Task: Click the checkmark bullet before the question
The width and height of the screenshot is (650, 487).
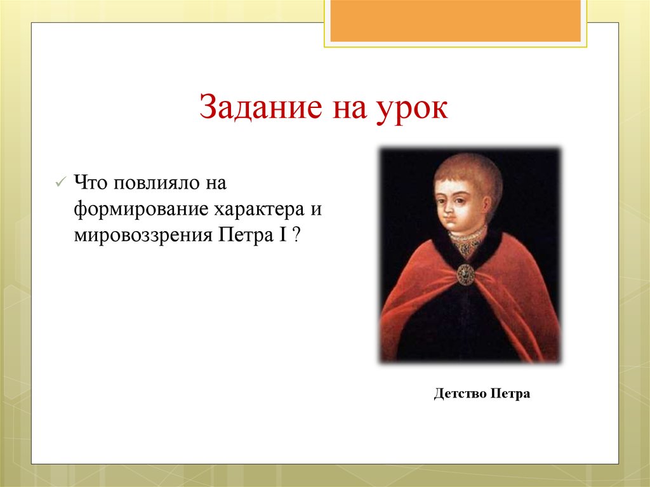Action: pos(60,183)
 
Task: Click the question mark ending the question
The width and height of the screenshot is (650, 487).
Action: pos(296,235)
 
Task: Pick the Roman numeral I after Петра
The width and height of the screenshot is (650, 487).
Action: pos(281,235)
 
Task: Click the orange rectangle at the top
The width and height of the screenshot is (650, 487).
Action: pos(455,21)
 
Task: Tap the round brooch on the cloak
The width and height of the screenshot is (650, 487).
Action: pos(466,274)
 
